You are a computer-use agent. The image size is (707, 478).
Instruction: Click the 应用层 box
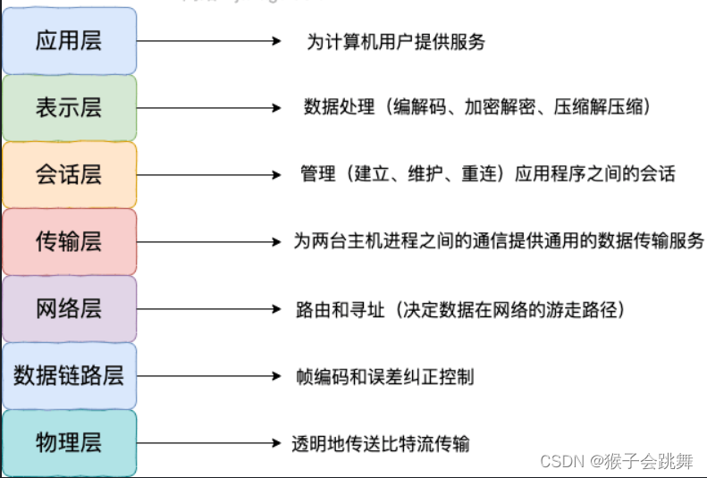click(69, 41)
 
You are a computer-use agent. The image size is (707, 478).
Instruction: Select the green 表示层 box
click(69, 108)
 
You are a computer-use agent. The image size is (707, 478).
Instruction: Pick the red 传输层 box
click(69, 242)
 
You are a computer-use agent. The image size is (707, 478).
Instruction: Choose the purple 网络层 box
click(69, 309)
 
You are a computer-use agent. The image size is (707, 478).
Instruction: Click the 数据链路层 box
click(69, 376)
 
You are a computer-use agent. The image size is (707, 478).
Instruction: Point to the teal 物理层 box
click(69, 443)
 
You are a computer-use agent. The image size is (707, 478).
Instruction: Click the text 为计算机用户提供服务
click(396, 42)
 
